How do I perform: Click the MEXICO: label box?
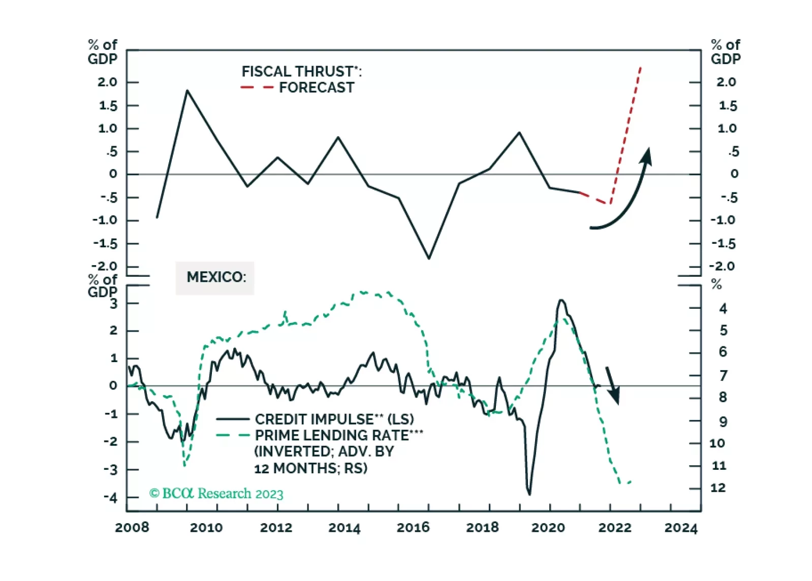click(x=215, y=277)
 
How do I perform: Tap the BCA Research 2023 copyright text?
click(x=216, y=494)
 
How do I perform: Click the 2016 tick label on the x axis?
click(x=413, y=528)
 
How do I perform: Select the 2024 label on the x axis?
click(x=681, y=528)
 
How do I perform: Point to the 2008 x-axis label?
click(x=132, y=528)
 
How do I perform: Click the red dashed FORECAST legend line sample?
click(x=257, y=88)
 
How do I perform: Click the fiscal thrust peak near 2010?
click(x=187, y=91)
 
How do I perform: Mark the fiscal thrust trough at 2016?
click(x=429, y=259)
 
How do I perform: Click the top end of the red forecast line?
click(x=640, y=67)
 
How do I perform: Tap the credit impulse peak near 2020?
click(x=561, y=300)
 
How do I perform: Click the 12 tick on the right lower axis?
click(x=717, y=488)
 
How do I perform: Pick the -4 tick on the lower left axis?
click(x=110, y=498)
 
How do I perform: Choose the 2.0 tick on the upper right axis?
click(x=726, y=82)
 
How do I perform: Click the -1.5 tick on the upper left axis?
click(x=105, y=244)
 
